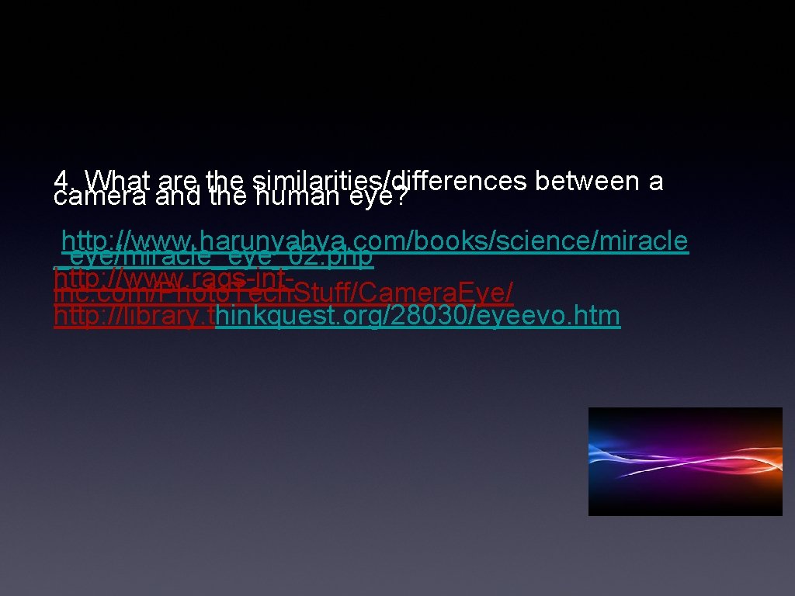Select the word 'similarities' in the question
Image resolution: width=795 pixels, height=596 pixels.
click(318, 180)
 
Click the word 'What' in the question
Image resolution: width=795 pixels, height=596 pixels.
click(117, 180)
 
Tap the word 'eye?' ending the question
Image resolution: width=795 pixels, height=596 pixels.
click(380, 198)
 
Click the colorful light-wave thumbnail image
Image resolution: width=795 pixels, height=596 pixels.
click(685, 461)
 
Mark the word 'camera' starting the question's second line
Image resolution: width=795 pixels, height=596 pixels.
click(101, 198)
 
